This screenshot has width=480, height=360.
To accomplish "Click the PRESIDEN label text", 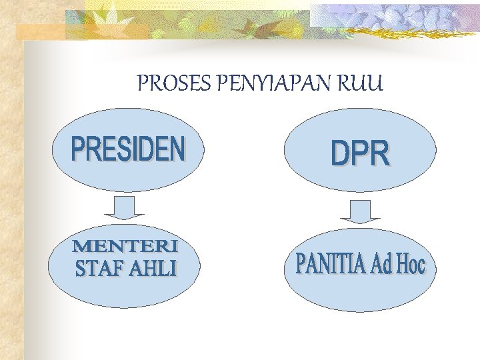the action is click(128, 149).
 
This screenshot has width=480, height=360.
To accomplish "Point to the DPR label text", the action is click(360, 155).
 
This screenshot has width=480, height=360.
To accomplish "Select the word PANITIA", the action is click(329, 264).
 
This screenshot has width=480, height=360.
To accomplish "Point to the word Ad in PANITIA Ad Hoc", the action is click(379, 265).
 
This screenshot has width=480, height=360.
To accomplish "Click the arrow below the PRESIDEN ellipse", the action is click(125, 207).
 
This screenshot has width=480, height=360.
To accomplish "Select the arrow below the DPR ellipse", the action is click(359, 211).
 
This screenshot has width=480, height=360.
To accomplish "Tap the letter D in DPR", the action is click(340, 155).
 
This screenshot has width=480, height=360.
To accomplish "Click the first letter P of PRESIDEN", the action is click(79, 149).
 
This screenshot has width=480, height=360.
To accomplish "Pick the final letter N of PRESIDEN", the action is click(177, 149).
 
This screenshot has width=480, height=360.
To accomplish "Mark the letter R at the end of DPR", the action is click(380, 155).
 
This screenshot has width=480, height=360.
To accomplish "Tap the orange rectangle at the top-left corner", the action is click(40, 31).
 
